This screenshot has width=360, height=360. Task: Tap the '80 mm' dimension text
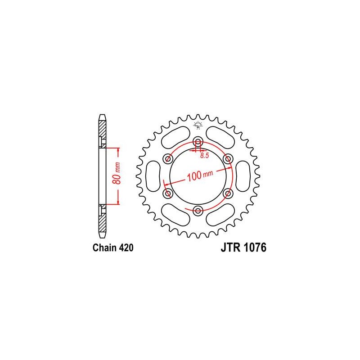[117, 173]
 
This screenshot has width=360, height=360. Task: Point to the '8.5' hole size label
[204, 155]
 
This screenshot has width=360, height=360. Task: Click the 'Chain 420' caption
[113, 248]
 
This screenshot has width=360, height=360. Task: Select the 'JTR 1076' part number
[243, 247]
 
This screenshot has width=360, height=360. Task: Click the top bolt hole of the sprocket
[198, 141]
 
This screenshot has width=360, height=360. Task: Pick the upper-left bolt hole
[168, 159]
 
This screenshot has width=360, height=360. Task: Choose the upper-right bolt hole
[228, 159]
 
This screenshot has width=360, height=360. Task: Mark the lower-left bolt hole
[168, 193]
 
